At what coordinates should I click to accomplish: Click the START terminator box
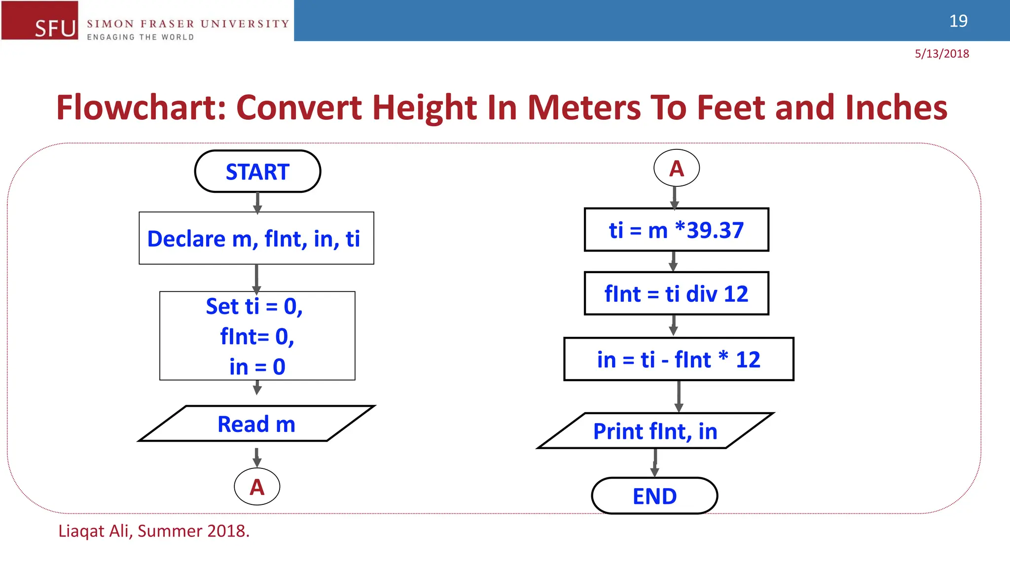point(257,172)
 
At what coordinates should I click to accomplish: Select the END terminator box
point(654,496)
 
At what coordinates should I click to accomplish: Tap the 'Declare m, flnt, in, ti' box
point(256,239)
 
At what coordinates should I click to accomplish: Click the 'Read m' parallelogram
point(256,424)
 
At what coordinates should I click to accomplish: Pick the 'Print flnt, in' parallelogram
point(655,431)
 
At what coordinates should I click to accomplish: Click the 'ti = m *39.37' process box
point(676,230)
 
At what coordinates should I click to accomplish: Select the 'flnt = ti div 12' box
point(676,294)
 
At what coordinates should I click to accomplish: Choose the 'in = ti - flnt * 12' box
point(679,359)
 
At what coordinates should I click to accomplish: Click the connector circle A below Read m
point(257,487)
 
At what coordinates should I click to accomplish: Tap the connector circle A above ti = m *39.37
point(676,168)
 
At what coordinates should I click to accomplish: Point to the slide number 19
point(958,21)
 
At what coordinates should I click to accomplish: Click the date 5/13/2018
point(941,54)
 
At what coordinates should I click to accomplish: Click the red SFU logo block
point(40,20)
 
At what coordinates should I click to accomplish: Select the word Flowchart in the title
point(141,107)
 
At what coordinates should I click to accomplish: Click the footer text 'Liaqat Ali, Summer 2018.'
point(154,531)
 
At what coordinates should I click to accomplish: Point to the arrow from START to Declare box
point(257,202)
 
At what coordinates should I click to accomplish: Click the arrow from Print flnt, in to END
point(655,462)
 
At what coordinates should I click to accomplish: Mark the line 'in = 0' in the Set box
point(257,367)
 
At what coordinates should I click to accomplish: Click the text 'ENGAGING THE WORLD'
point(141,37)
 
